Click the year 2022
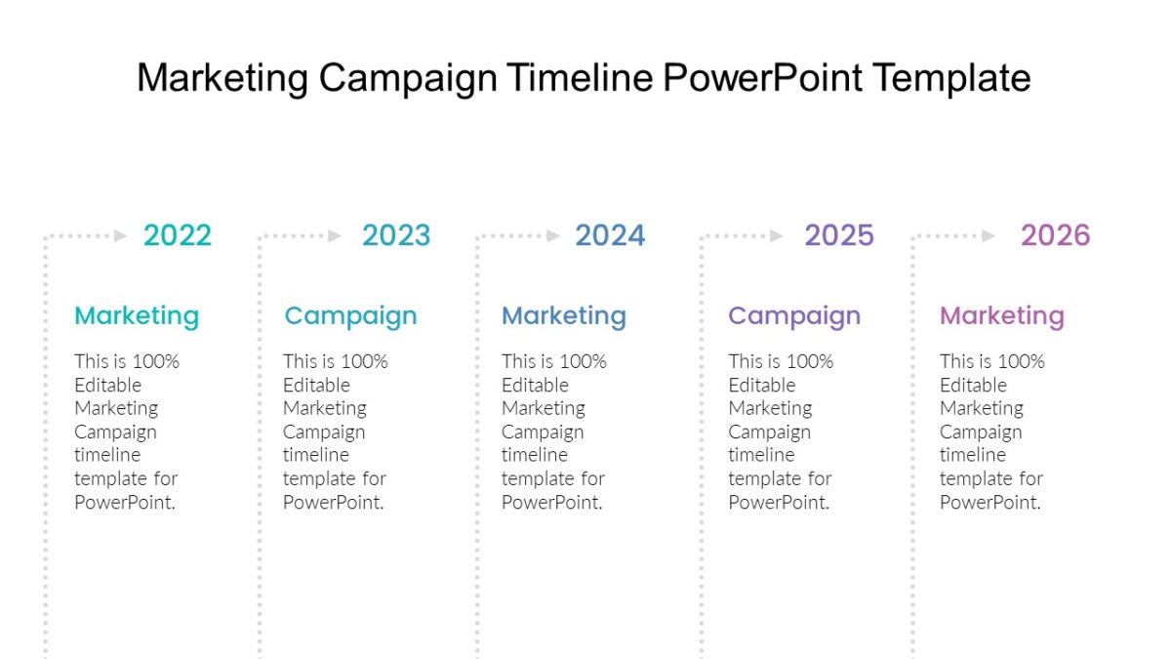[177, 235]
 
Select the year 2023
[395, 235]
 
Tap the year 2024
[610, 235]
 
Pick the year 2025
[839, 235]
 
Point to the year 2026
[1055, 235]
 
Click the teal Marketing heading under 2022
[137, 315]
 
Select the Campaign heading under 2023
[350, 316]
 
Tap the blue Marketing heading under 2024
[564, 315]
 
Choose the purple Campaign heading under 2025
[794, 316]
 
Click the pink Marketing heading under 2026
[1002, 315]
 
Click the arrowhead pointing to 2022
[121, 235]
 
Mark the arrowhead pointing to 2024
[553, 235]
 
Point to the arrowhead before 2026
[989, 235]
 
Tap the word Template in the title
[951, 78]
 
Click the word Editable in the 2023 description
[316, 385]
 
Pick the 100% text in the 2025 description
[808, 361]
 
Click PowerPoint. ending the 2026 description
[990, 502]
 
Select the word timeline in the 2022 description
[107, 455]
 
